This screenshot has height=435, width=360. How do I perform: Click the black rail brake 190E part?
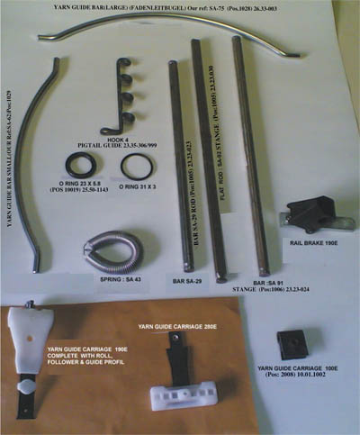[x=306, y=213]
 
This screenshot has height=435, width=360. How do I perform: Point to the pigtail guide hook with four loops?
[x=126, y=97]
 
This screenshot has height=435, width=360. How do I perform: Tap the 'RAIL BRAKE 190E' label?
[x=312, y=243]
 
